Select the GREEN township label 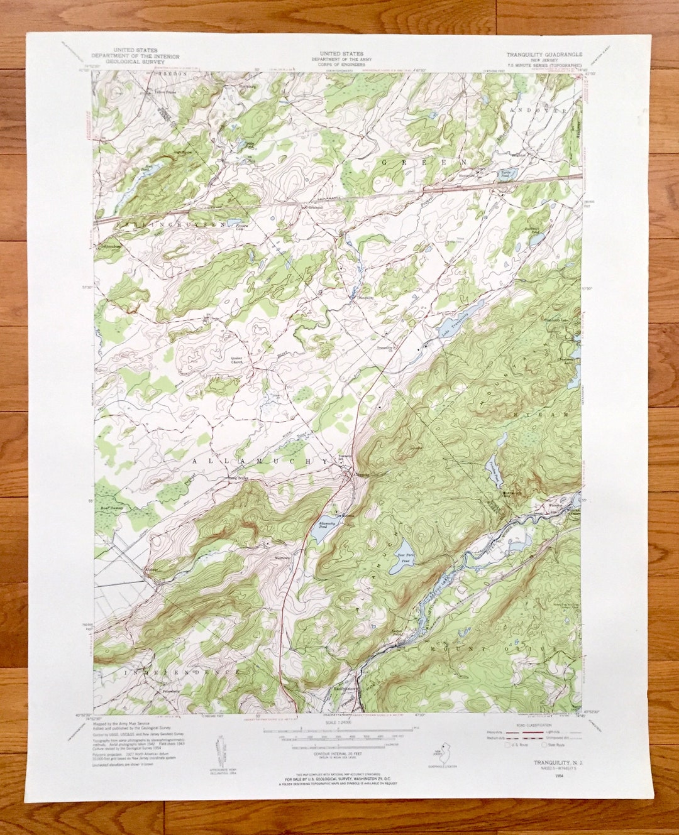coord(422,161)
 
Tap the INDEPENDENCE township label coord(182,672)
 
